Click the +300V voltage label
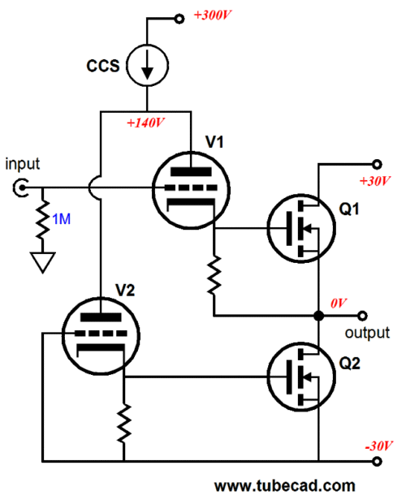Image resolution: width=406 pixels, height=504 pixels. [213, 15]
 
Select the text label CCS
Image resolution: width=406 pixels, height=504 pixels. [103, 66]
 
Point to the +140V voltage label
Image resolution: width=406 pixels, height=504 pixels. [145, 123]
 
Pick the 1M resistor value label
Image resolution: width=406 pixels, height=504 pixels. [61, 219]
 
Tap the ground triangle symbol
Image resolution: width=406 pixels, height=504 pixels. [43, 262]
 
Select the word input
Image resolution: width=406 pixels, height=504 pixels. [22, 164]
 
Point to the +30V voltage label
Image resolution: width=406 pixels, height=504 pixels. [375, 181]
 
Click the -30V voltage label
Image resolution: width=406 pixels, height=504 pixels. [378, 446]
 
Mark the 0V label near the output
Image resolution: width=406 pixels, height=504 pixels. [339, 303]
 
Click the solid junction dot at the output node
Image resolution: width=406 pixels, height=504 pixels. [318, 316]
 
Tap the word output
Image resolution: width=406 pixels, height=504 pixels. [367, 333]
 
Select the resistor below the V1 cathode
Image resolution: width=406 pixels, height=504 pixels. [214, 275]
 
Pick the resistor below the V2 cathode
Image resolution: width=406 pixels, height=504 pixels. [124, 424]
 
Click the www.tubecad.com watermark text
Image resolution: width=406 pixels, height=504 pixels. [285, 485]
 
